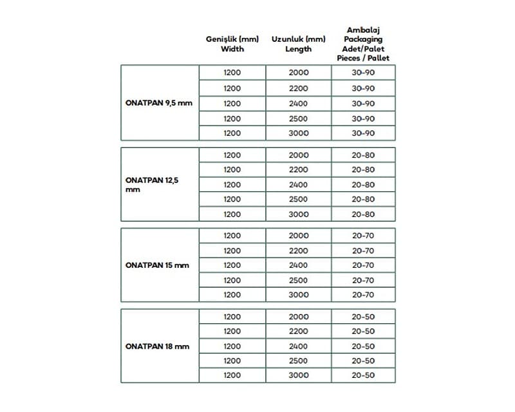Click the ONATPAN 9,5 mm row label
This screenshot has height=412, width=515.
tap(158, 103)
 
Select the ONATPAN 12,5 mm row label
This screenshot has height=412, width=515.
tap(152, 185)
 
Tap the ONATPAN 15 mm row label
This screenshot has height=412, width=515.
tap(157, 265)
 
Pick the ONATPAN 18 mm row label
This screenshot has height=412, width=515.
tap(157, 346)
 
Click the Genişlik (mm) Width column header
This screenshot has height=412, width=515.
tap(232, 44)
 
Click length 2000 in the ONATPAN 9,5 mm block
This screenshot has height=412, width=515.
tap(298, 73)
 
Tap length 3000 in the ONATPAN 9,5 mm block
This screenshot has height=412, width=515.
tap(298, 133)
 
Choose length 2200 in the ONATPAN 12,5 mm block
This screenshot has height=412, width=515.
tap(298, 170)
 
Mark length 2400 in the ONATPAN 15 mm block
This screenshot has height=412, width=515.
tap(298, 265)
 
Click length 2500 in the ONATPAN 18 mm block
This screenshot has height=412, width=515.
tap(298, 360)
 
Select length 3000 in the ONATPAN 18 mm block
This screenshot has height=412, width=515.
tap(298, 375)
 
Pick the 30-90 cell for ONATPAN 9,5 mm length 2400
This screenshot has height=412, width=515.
tap(363, 103)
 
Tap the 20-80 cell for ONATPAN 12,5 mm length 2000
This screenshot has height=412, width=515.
tap(363, 155)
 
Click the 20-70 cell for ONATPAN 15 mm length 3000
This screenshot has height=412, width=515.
tap(363, 295)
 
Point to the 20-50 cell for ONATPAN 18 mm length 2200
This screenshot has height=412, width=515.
tap(363, 332)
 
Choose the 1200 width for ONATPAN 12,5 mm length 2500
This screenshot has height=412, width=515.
tap(232, 200)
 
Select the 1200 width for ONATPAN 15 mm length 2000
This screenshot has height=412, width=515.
tap(232, 236)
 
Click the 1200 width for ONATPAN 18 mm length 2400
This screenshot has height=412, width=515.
tap(232, 346)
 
